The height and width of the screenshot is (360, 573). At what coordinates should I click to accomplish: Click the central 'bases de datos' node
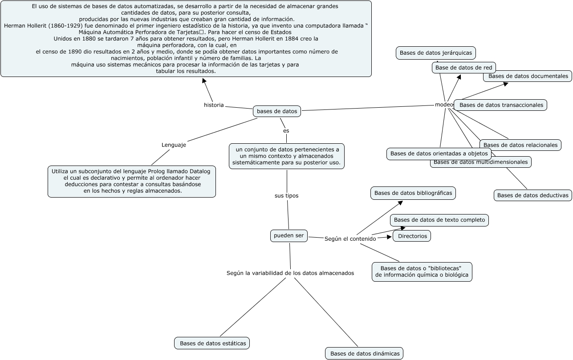click(x=276, y=111)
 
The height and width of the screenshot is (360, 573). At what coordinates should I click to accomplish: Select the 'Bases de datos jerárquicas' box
click(x=435, y=53)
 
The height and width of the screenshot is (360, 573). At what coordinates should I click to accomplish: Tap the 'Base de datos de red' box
click(x=463, y=68)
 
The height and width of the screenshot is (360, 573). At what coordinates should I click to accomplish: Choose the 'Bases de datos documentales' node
click(x=528, y=76)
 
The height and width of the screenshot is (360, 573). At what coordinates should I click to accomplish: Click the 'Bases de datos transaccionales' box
click(x=501, y=105)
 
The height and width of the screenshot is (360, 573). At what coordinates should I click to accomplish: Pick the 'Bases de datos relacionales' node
click(x=520, y=145)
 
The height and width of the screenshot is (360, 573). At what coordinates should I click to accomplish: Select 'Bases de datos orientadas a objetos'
click(x=439, y=154)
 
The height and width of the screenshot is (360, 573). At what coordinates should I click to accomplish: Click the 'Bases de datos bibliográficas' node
click(x=413, y=193)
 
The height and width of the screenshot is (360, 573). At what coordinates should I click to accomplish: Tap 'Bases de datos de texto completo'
click(x=439, y=220)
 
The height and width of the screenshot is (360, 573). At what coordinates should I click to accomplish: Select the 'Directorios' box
click(x=412, y=236)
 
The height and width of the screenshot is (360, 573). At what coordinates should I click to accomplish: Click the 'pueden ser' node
click(x=289, y=236)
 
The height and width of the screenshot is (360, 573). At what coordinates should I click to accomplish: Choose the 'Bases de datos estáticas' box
click(x=212, y=343)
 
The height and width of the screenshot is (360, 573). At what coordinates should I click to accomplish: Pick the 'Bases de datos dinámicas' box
click(x=364, y=354)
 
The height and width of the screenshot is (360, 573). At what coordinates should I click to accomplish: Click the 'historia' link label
click(x=214, y=105)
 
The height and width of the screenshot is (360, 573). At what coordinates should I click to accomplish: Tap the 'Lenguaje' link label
click(x=174, y=145)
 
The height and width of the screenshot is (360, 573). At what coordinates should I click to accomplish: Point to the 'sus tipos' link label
click(x=286, y=195)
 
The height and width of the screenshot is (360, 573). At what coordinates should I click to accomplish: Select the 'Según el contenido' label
click(x=350, y=239)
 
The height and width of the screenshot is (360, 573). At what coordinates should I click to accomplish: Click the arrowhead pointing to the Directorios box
click(x=389, y=237)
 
